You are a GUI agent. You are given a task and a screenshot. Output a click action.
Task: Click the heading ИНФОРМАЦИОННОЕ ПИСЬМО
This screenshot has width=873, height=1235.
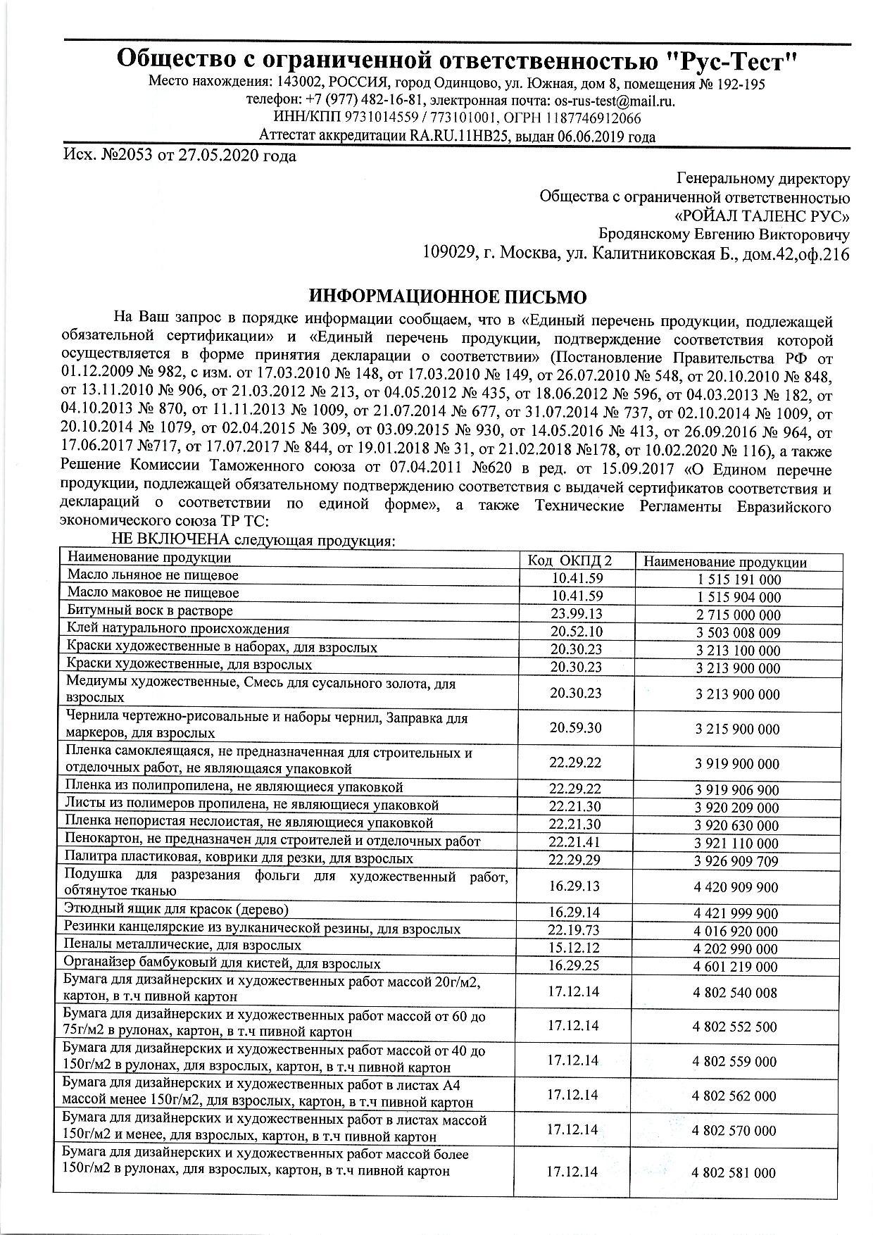pos(448,295)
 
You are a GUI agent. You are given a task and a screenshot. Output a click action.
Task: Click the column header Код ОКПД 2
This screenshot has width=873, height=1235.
pos(570,560)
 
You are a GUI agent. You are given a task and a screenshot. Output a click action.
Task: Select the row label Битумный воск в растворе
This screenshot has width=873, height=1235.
pos(150,611)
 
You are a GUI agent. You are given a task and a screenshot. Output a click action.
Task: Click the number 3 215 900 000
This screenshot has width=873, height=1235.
pos(737,729)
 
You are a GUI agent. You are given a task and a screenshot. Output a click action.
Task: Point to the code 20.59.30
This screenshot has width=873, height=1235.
pos(576,727)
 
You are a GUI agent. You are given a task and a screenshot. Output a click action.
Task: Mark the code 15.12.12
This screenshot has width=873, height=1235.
pos(574,948)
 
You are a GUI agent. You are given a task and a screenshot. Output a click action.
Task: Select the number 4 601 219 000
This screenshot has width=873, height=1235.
pos(735,967)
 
